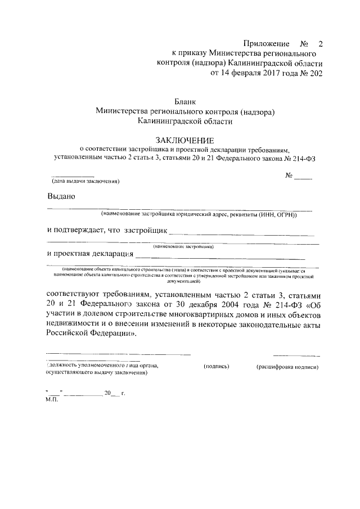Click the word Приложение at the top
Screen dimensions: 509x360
(266, 44)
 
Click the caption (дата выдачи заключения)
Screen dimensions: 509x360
(85, 181)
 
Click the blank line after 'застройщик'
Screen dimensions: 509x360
(241, 232)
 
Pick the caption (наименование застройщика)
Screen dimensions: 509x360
(183, 246)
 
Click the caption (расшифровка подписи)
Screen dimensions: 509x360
(287, 367)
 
